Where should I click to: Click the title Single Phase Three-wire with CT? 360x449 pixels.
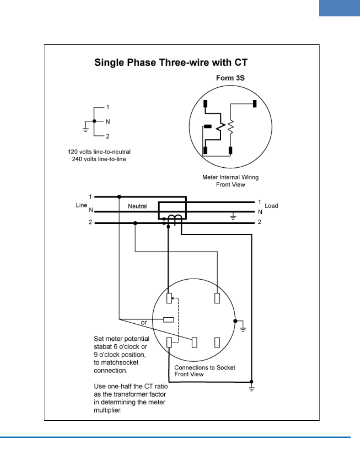pos(171,62)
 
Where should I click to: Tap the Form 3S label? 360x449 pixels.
pos(230,78)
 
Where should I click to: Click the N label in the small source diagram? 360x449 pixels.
pos(107,122)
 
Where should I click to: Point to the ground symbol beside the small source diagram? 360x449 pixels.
pos(86,129)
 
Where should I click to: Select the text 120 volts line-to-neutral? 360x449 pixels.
pos(99,152)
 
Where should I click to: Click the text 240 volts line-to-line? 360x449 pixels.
pos(99,159)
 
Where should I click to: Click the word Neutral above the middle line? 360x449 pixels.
pos(138,206)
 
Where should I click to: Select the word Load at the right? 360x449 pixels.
pos(271,206)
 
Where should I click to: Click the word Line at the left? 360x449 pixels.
pos(81,205)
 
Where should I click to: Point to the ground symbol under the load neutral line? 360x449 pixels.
pos(233,217)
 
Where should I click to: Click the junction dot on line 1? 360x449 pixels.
pos(119,197)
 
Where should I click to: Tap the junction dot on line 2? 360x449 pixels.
pos(135,223)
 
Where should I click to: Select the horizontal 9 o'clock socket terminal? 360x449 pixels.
pos(169,320)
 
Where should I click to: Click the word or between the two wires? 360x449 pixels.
pos(144,322)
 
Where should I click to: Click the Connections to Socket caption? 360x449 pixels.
pos(204,367)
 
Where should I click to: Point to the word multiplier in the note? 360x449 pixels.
pos(107,410)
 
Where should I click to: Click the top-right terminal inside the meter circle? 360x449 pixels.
pos(255,104)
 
